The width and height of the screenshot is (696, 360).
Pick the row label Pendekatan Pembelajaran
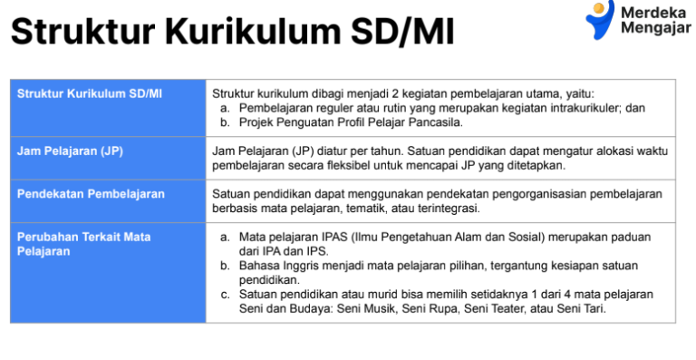point(91,194)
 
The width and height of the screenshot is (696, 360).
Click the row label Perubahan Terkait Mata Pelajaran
point(83,244)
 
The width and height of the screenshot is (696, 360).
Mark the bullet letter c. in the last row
point(225,295)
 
